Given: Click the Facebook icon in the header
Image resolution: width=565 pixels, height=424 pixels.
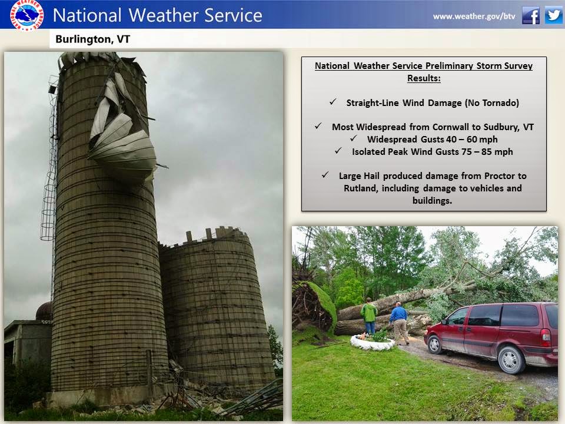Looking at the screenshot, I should pyautogui.click(x=530, y=16).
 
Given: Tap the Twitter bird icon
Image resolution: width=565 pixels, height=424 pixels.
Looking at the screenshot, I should pyautogui.click(x=553, y=16).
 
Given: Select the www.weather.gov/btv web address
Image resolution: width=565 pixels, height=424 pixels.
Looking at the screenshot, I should pyautogui.click(x=474, y=16).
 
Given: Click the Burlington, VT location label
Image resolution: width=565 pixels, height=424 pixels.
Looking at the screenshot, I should pyautogui.click(x=92, y=39).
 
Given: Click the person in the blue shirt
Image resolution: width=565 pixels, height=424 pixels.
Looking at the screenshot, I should pyautogui.click(x=400, y=322).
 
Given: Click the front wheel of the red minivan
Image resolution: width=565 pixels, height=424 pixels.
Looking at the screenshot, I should pyautogui.click(x=435, y=343).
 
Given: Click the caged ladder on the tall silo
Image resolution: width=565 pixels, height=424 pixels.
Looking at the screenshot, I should pyautogui.click(x=49, y=177).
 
